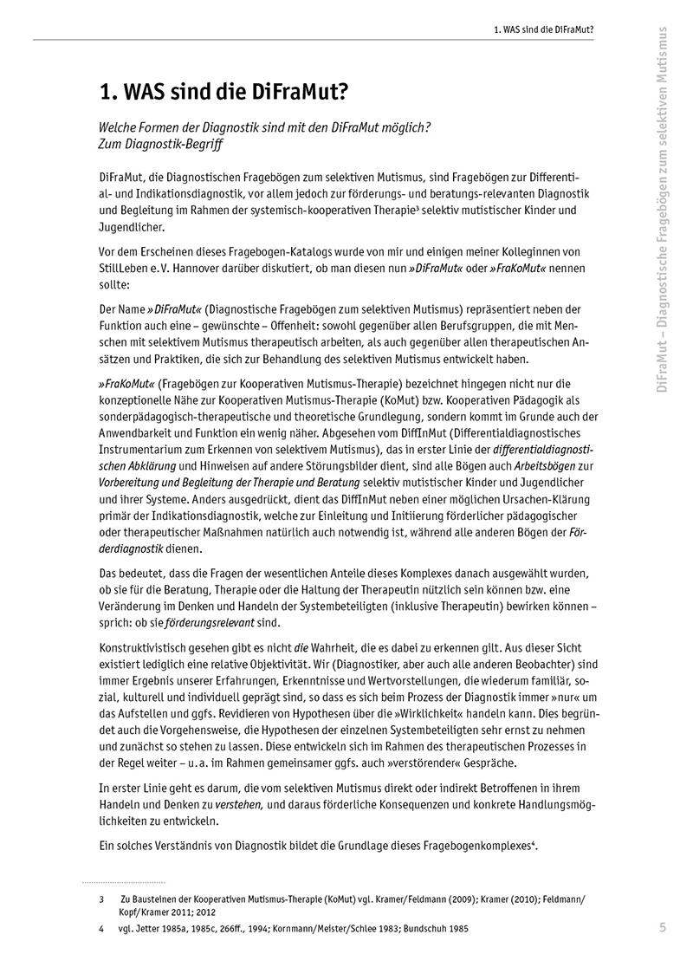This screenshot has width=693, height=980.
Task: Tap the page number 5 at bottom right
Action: (x=662, y=928)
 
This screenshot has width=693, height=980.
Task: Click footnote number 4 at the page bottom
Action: (x=101, y=929)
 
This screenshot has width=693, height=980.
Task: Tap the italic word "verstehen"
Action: (x=239, y=803)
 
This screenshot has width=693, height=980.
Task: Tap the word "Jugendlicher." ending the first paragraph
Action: (x=127, y=225)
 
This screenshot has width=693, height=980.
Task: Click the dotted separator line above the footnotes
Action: (x=123, y=882)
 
